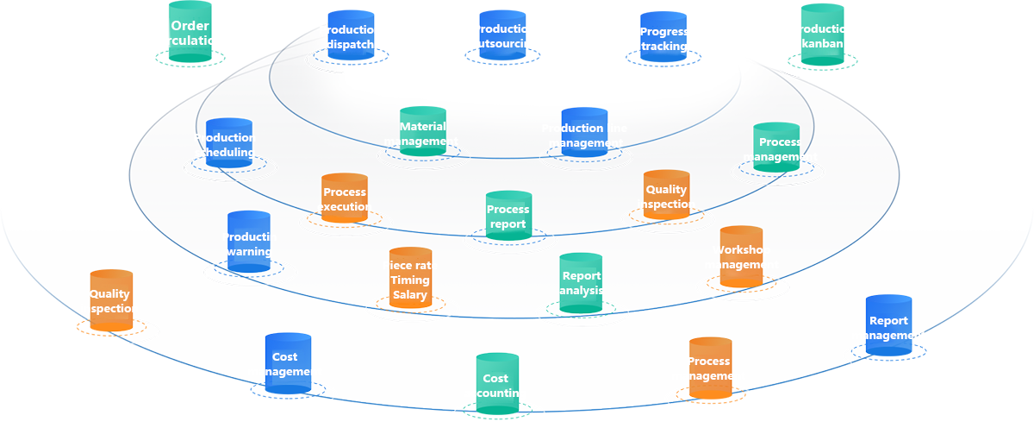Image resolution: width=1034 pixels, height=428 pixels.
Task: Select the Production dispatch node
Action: tap(351, 38)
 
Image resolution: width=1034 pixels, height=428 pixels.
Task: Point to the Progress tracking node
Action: tap(663, 40)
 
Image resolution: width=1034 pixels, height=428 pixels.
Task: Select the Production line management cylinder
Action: tap(584, 133)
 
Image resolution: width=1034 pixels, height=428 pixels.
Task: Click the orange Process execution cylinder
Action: tap(345, 198)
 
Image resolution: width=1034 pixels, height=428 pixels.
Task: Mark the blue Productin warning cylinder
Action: tap(249, 242)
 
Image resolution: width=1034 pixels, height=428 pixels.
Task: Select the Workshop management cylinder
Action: tap(741, 256)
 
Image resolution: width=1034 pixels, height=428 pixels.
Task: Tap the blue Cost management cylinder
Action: tap(287, 363)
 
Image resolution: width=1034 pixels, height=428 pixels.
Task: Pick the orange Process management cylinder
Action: tap(709, 368)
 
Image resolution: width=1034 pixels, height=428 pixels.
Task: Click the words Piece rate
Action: tap(410, 266)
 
